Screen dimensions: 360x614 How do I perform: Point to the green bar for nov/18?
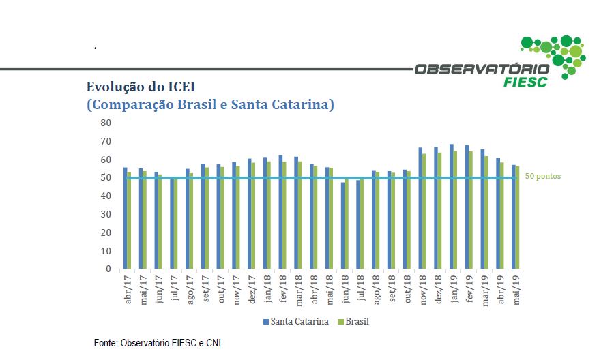coord(424,211)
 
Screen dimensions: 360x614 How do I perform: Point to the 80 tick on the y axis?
coord(105,123)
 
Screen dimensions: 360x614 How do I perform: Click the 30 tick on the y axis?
coord(105,214)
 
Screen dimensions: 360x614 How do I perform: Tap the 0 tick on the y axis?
coord(108,269)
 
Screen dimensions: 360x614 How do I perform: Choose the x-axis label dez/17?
coord(252,289)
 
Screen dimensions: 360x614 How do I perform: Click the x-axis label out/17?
coord(221,289)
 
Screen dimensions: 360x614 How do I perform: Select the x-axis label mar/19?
coord(484,289)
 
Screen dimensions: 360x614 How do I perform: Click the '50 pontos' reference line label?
coord(542,176)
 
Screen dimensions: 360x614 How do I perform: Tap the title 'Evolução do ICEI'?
coord(139,87)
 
